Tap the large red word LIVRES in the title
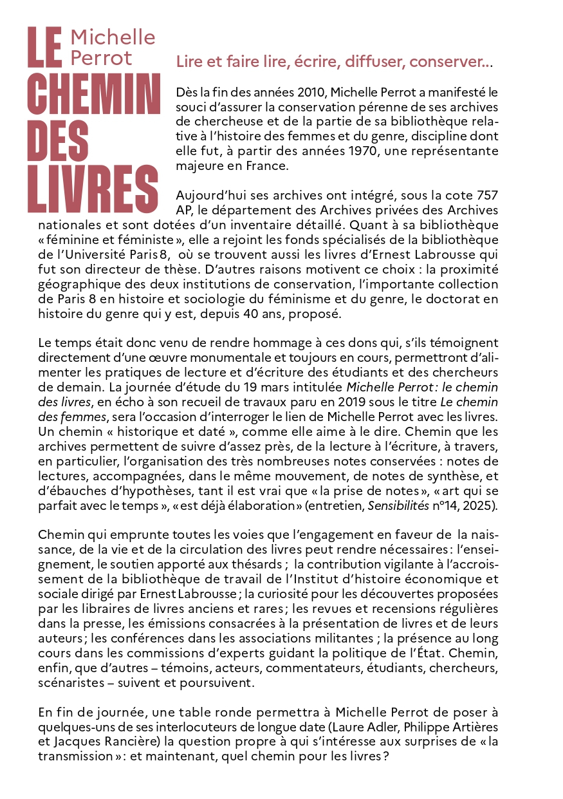tap(93, 189)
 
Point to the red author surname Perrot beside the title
tap(101, 58)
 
